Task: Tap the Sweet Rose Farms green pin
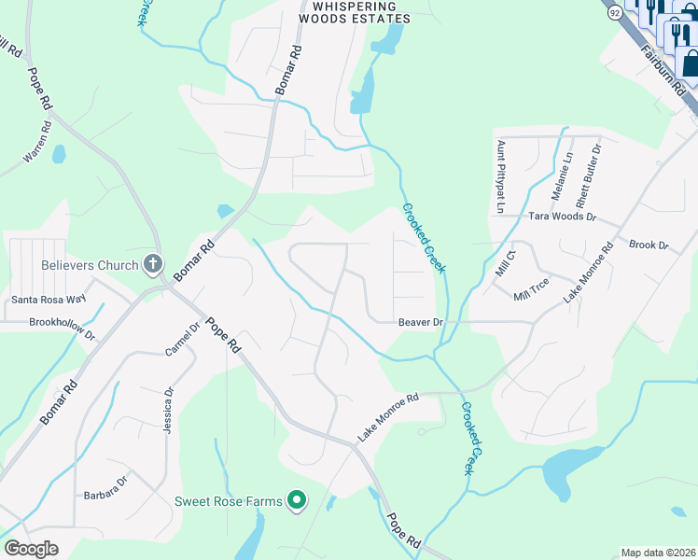(x=297, y=501)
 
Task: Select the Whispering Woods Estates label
(x=354, y=12)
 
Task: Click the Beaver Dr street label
(x=420, y=322)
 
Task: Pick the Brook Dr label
(x=649, y=245)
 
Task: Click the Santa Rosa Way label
(x=49, y=300)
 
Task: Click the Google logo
(x=31, y=549)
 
